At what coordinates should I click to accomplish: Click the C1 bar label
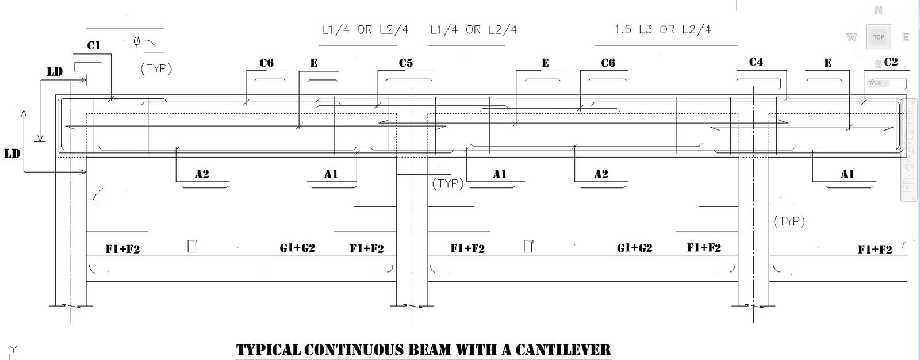(94, 45)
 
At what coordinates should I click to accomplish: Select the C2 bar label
(891, 62)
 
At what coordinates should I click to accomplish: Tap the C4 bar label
(756, 62)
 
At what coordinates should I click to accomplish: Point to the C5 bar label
(405, 63)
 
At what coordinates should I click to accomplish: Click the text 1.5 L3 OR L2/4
(662, 29)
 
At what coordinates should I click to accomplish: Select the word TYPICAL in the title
(269, 350)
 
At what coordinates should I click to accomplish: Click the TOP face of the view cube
(878, 37)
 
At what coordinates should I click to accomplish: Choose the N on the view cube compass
(878, 10)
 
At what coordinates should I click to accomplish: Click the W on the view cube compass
(852, 37)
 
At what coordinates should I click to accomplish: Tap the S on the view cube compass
(878, 64)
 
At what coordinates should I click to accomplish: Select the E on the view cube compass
(905, 37)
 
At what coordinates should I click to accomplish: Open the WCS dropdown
(878, 82)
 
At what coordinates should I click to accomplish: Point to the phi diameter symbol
(137, 41)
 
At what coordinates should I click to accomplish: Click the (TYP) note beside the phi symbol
(156, 68)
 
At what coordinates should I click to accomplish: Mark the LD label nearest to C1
(55, 71)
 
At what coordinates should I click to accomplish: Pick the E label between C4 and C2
(827, 63)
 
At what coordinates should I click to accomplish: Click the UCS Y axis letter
(13, 349)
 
